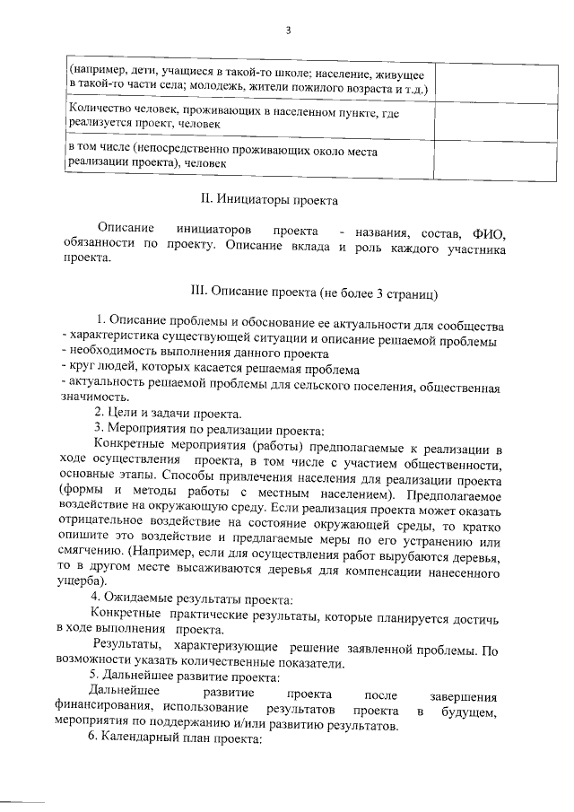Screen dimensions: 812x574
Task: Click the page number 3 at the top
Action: point(287,31)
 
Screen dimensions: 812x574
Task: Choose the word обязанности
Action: point(100,245)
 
